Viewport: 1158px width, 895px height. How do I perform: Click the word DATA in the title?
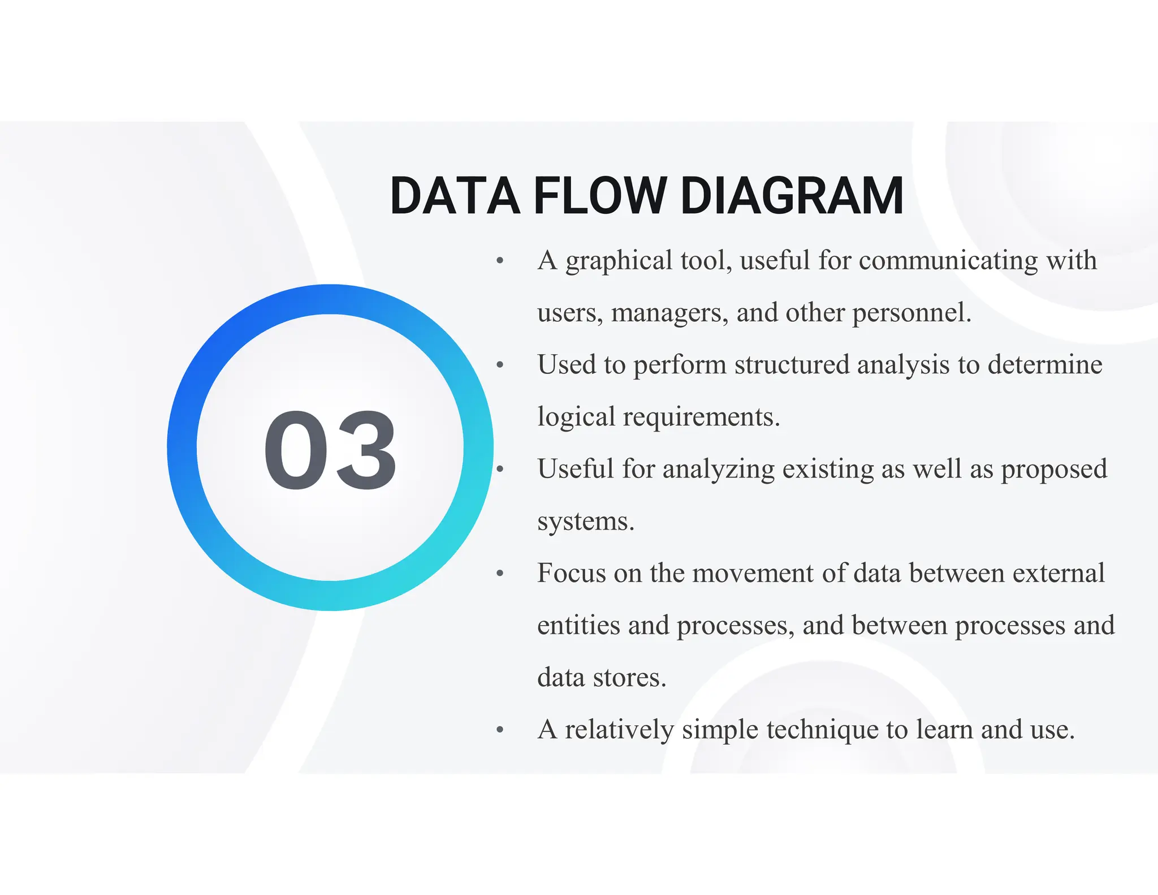455,196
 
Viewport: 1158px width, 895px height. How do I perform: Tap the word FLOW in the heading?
600,196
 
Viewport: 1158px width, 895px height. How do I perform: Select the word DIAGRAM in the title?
792,196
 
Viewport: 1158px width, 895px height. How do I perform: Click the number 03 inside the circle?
330,449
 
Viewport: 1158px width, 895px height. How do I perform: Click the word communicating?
948,261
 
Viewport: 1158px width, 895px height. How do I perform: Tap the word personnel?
911,313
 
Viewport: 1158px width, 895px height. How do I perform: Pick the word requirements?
701,418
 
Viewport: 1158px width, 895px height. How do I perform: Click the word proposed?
1054,470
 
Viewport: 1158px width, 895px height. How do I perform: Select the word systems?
585,522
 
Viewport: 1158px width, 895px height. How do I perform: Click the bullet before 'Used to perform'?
500,365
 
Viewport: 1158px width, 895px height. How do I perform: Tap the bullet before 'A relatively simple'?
500,730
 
